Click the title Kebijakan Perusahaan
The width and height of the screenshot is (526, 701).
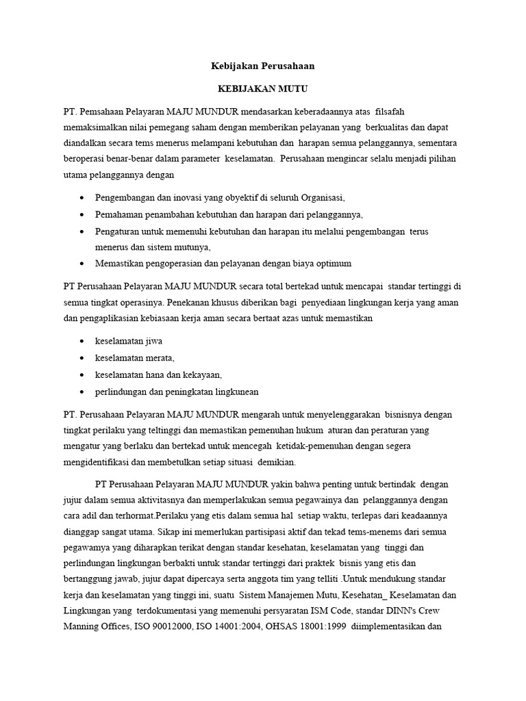262,67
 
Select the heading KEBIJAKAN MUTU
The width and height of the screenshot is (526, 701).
262,89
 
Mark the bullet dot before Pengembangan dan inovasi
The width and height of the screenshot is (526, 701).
82,197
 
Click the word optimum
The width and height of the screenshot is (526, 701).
330,263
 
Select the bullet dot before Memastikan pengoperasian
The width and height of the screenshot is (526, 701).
82,263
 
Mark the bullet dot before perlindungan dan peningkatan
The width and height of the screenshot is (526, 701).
82,392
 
